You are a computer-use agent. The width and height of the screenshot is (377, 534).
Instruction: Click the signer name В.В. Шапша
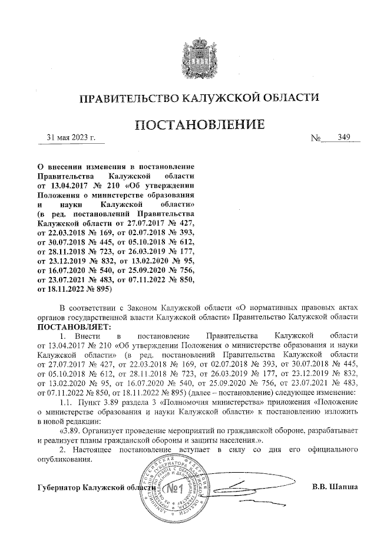click(335, 487)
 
